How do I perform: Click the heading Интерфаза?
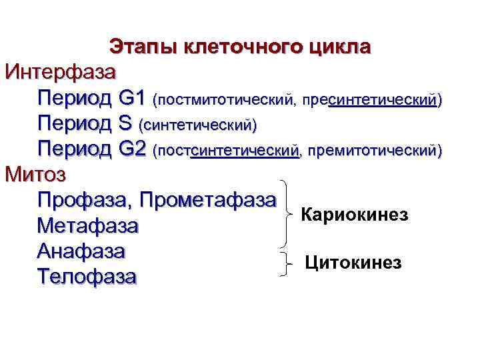pos(61,71)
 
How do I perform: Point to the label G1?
pos(131,99)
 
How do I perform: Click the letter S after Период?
pos(125,123)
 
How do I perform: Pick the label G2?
pos(131,148)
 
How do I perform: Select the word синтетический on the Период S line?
pos(197,125)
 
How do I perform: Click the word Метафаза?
pos(88,226)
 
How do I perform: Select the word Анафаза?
pos(81,251)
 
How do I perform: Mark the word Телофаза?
pos(87,276)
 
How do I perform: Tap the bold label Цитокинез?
pos(353,263)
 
